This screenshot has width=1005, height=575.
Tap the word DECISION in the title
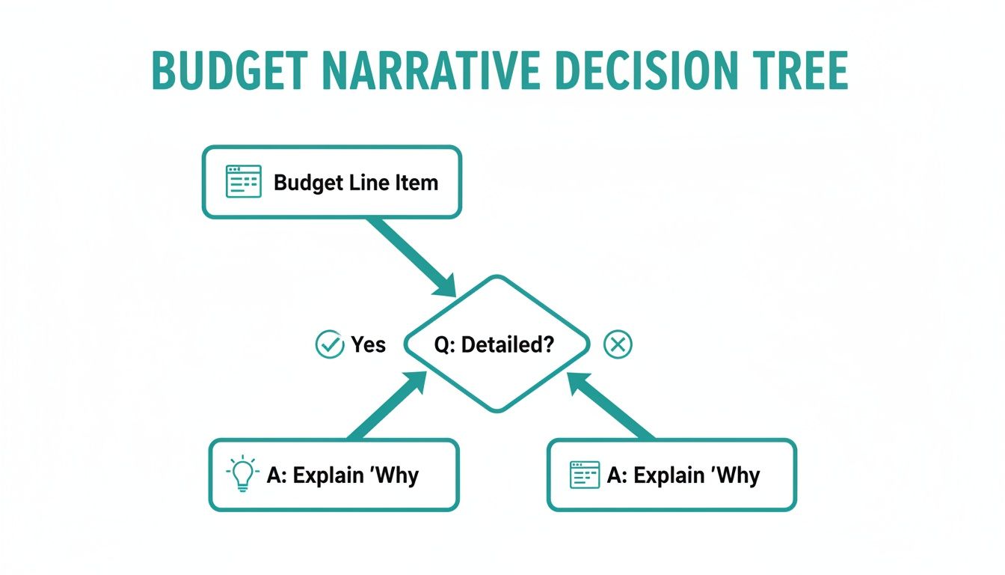tap(647, 71)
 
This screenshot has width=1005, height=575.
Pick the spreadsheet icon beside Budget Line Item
tap(243, 181)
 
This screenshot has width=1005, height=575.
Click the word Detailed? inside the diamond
tap(508, 344)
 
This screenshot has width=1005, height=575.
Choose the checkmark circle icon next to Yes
tap(330, 344)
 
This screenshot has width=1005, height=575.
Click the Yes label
tap(369, 344)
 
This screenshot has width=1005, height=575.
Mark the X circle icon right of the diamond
tap(618, 344)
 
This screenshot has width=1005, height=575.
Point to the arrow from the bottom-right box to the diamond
tap(611, 406)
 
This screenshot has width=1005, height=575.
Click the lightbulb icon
tap(243, 473)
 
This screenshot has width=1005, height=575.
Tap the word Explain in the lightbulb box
tap(328, 475)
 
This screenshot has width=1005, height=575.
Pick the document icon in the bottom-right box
tap(585, 475)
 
